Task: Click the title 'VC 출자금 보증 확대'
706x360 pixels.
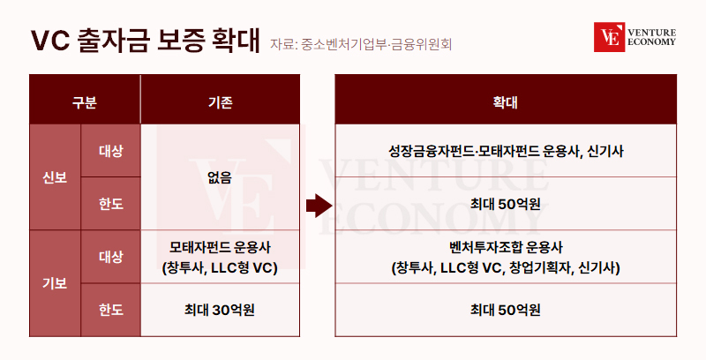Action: [146, 41]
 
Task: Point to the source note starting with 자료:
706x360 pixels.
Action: [361, 44]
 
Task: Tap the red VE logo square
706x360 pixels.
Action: [609, 37]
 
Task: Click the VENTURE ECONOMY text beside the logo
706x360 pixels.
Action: [651, 37]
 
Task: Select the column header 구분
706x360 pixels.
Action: [84, 102]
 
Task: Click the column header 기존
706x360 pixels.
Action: [220, 102]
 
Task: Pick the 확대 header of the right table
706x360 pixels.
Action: [505, 102]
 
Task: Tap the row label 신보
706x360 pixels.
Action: [55, 177]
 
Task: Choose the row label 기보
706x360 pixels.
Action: [55, 283]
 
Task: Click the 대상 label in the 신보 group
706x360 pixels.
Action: [111, 151]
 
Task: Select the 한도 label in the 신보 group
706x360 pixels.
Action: [111, 204]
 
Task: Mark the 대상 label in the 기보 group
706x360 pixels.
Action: [111, 257]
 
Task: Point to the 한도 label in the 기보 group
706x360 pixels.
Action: [111, 310]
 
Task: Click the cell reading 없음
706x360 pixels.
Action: [220, 177]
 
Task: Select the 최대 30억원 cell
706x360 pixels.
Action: [220, 310]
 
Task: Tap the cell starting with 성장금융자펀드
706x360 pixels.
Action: [506, 151]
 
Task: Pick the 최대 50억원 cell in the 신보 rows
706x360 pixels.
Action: [505, 204]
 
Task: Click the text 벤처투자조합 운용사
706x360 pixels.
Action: [506, 247]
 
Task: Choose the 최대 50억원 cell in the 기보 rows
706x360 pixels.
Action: [505, 310]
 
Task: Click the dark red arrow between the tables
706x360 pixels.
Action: [319, 206]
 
